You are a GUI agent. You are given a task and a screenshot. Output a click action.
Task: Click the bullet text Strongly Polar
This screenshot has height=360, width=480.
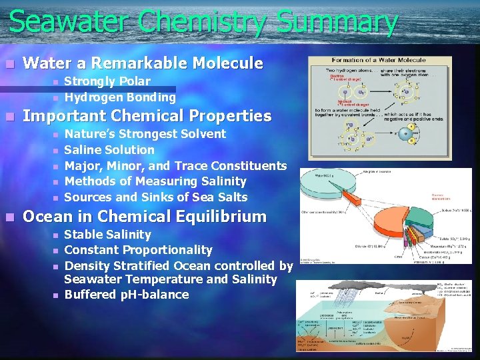(107, 81)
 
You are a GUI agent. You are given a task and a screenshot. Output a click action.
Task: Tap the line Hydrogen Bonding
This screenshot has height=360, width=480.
(119, 97)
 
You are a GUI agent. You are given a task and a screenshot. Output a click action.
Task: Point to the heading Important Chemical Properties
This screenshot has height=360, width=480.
(147, 116)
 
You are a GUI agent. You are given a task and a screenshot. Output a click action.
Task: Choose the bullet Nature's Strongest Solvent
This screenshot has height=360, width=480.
(145, 134)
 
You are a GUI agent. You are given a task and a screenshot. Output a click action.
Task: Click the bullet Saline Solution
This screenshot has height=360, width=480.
(109, 150)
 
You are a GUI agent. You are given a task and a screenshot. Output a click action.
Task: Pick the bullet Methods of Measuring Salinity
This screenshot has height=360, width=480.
(155, 181)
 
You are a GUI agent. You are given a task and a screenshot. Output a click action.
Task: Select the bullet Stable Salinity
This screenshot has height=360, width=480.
(107, 235)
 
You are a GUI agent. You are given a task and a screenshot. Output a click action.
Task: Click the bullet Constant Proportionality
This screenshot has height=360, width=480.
(138, 250)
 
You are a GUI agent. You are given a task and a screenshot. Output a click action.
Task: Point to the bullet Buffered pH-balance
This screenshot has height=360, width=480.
(126, 295)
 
